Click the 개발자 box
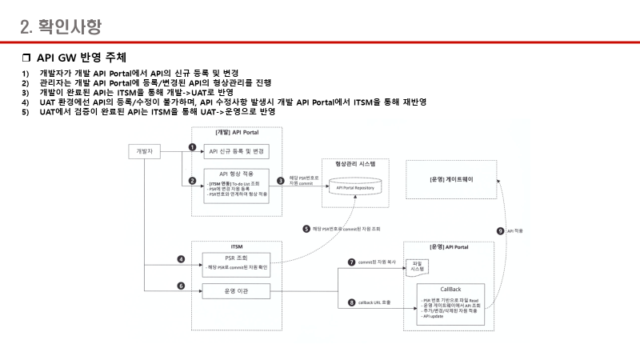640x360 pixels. [145, 150]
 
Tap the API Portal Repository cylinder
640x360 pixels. [354, 186]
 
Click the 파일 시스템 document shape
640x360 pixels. [417, 266]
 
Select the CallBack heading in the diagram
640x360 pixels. [450, 288]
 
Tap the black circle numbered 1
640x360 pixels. [192, 147]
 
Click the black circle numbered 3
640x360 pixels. [280, 181]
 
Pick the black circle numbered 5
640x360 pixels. [306, 229]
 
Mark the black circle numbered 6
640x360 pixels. [181, 286]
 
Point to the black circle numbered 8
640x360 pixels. [352, 302]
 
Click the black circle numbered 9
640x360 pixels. [500, 230]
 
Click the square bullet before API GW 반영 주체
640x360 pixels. [26, 58]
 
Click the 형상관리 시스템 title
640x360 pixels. [354, 163]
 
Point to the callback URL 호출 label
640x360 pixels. [375, 302]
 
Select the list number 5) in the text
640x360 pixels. [25, 111]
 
